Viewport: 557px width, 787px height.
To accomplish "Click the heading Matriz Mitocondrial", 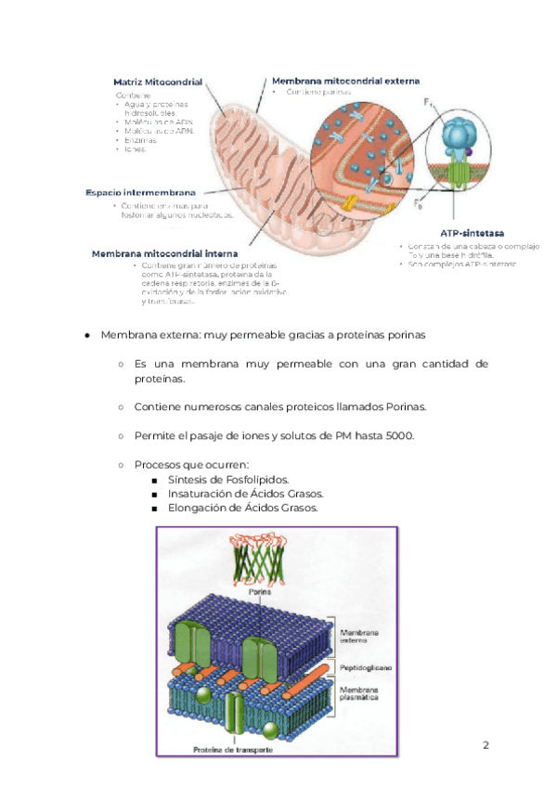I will click(158, 82).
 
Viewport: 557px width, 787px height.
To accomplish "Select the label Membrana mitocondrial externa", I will click(345, 81).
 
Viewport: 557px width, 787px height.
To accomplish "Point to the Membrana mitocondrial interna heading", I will click(164, 252).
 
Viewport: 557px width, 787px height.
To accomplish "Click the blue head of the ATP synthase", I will click(459, 135).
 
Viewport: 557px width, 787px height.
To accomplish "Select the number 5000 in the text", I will click(397, 436).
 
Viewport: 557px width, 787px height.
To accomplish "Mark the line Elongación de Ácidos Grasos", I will click(242, 509).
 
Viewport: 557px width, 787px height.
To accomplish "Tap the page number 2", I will click(485, 745).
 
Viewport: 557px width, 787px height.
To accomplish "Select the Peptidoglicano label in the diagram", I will click(365, 667).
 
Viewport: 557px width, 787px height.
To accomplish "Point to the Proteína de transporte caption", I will click(232, 750).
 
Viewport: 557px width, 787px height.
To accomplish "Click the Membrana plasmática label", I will click(358, 694).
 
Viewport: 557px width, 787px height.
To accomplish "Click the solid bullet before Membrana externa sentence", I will click(86, 335).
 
